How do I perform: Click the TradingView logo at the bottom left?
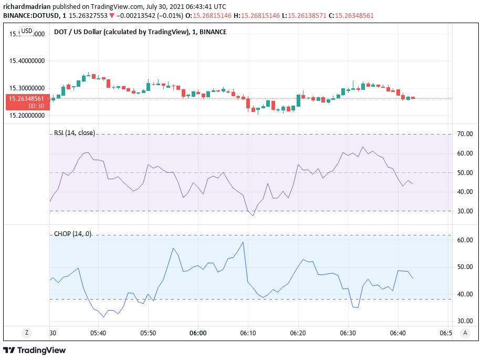(x=35, y=350)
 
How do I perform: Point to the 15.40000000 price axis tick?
(x=27, y=61)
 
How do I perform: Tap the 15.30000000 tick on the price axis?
(x=27, y=88)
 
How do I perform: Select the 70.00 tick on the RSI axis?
(x=465, y=134)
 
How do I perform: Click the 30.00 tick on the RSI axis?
(x=465, y=211)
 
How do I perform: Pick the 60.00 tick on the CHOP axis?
(x=465, y=240)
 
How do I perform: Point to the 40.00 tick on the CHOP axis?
(x=465, y=294)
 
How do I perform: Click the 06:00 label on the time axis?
(x=198, y=333)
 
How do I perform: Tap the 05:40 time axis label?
(x=98, y=333)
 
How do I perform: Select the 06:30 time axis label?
(x=348, y=333)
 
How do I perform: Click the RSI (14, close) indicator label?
(x=75, y=133)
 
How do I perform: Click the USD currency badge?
(x=26, y=31)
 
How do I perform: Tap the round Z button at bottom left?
(x=26, y=333)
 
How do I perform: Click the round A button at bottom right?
(x=465, y=333)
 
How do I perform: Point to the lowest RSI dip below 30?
(x=253, y=215)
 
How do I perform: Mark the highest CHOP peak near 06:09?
(x=243, y=242)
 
